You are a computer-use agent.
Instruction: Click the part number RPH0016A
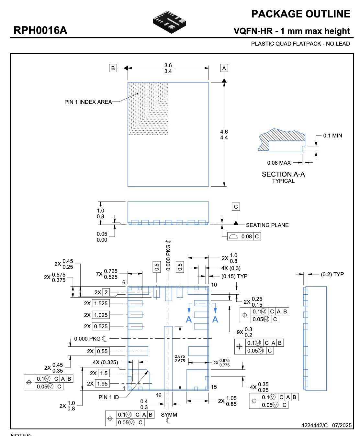(x=40, y=30)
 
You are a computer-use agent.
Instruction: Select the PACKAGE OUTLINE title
(x=300, y=14)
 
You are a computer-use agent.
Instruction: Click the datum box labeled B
(x=113, y=68)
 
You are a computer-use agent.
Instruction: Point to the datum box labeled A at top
(x=224, y=68)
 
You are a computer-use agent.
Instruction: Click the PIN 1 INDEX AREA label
(x=88, y=102)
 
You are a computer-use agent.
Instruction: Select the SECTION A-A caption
(x=283, y=174)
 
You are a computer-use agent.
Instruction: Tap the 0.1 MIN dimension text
(x=332, y=136)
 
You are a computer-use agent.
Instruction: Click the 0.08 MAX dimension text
(x=279, y=163)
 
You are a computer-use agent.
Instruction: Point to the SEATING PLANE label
(x=267, y=225)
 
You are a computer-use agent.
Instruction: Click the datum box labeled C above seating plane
(x=236, y=207)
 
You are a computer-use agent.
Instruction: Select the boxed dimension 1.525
(x=101, y=303)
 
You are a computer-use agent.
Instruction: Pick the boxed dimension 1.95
(x=102, y=384)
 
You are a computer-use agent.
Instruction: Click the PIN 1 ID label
(x=109, y=397)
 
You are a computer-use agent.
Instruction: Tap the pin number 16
(x=159, y=395)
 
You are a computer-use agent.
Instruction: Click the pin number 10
(x=214, y=285)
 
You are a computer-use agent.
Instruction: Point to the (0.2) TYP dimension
(x=332, y=274)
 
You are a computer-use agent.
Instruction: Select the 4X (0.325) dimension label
(x=105, y=362)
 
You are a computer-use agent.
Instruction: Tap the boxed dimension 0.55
(x=102, y=351)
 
